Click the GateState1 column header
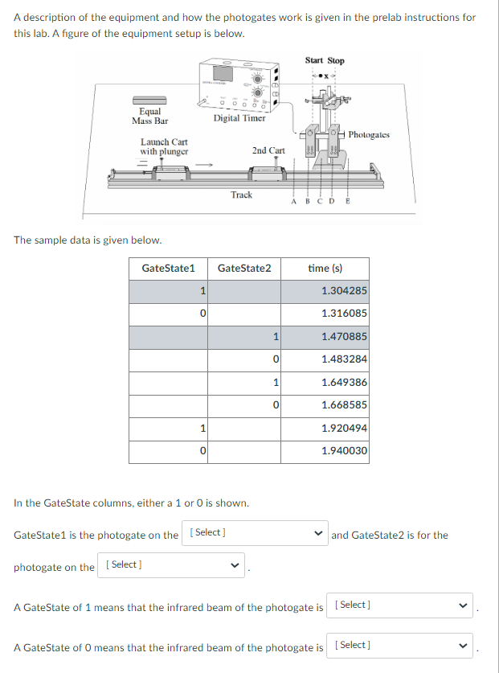(x=168, y=268)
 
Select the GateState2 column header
(x=244, y=268)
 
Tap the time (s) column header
(x=325, y=268)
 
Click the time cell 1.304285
(x=344, y=290)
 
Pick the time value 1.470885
(x=344, y=336)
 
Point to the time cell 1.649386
(x=344, y=382)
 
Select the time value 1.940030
(x=344, y=451)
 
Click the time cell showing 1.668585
(x=344, y=405)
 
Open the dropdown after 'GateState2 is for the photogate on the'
(x=171, y=565)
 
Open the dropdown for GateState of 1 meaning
(x=400, y=605)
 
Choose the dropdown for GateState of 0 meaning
(x=400, y=646)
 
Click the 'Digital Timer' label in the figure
(x=239, y=118)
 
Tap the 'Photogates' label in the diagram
(x=370, y=135)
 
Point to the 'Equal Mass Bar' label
(x=149, y=116)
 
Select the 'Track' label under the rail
(x=241, y=195)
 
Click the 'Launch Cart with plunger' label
(x=164, y=146)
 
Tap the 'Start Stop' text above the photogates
(x=325, y=61)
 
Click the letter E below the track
(x=347, y=203)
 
